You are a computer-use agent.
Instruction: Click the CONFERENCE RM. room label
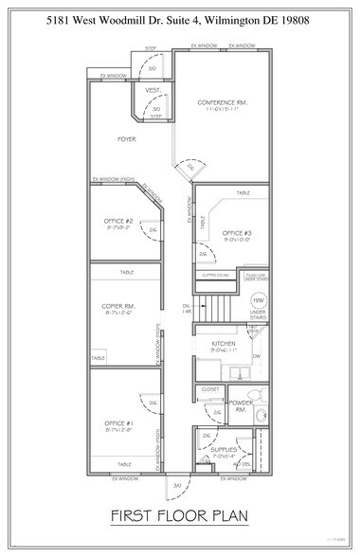[x=222, y=101]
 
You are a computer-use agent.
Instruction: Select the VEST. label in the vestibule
[x=152, y=90]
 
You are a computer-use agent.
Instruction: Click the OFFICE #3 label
[x=236, y=232]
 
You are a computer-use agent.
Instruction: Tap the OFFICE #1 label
[x=120, y=422]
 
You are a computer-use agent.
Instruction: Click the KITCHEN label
[x=224, y=343]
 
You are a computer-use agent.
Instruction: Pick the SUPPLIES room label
[x=224, y=449]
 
